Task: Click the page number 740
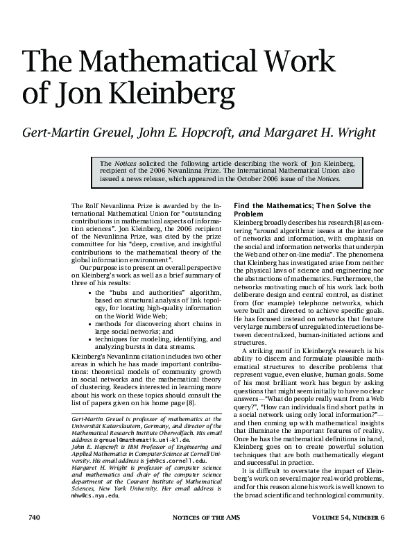point(35,518)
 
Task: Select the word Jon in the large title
point(69,93)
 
